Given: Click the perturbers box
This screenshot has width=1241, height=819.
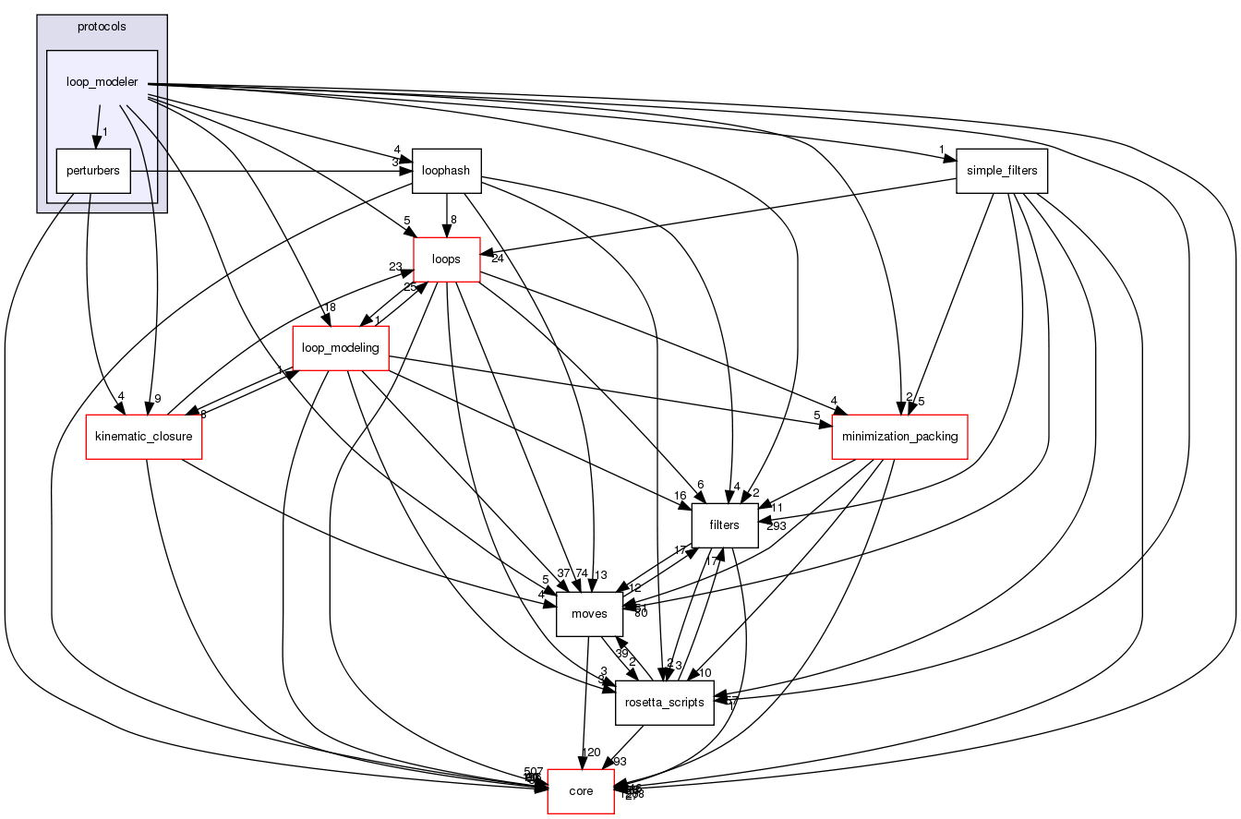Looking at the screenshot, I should pyautogui.click(x=92, y=171).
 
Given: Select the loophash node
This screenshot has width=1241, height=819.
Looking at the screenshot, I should pyautogui.click(x=447, y=171).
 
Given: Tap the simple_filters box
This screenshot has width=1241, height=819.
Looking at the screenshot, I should pyautogui.click(x=1002, y=171).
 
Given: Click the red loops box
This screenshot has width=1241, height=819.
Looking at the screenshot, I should pyautogui.click(x=447, y=259).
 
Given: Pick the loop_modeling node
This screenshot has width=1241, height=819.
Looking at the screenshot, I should pyautogui.click(x=341, y=348).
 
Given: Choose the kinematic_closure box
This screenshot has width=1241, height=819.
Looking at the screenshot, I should pyautogui.click(x=143, y=437).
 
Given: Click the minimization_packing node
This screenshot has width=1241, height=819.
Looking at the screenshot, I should pyautogui.click(x=899, y=437).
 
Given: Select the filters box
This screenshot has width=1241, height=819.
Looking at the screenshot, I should pyautogui.click(x=725, y=525).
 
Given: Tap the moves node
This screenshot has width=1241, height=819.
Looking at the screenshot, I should pyautogui.click(x=589, y=614).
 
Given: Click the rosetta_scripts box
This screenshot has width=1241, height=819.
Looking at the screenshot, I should pyautogui.click(x=665, y=703).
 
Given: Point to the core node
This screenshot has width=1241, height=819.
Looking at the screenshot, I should pyautogui.click(x=581, y=791).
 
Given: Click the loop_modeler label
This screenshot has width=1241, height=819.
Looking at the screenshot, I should pyautogui.click(x=102, y=82).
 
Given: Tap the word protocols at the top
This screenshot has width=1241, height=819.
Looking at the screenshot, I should pyautogui.click(x=102, y=26).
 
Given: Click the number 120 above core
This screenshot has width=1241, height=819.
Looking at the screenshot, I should pyautogui.click(x=592, y=753).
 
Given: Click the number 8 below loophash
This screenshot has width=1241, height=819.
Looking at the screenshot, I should pyautogui.click(x=454, y=220).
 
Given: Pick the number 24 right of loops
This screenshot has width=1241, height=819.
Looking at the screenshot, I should pyautogui.click(x=497, y=258).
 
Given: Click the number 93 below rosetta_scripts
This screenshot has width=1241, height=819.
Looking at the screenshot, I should pyautogui.click(x=619, y=762).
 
